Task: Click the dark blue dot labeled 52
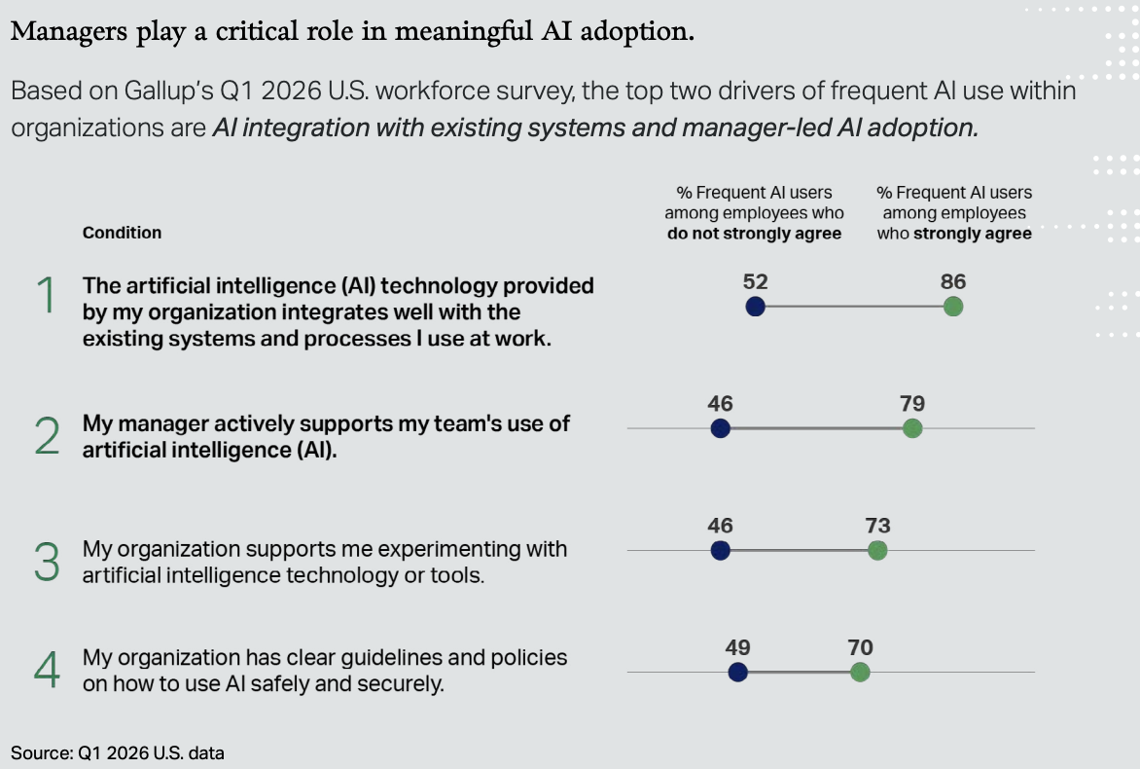[x=755, y=307]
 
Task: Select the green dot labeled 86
[x=953, y=307]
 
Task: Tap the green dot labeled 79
[x=912, y=428]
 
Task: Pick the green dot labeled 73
[x=877, y=550]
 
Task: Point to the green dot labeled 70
[x=860, y=672]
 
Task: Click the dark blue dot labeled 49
[x=737, y=672]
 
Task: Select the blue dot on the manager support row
[x=720, y=428]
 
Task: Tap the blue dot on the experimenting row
[x=720, y=550]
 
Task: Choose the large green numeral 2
[x=47, y=437]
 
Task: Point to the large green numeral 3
[x=47, y=561]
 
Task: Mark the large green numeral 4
[x=47, y=669]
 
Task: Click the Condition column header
[x=122, y=233]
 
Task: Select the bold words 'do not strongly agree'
[x=754, y=234]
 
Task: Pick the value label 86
[x=953, y=282]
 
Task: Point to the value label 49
[x=737, y=647]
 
